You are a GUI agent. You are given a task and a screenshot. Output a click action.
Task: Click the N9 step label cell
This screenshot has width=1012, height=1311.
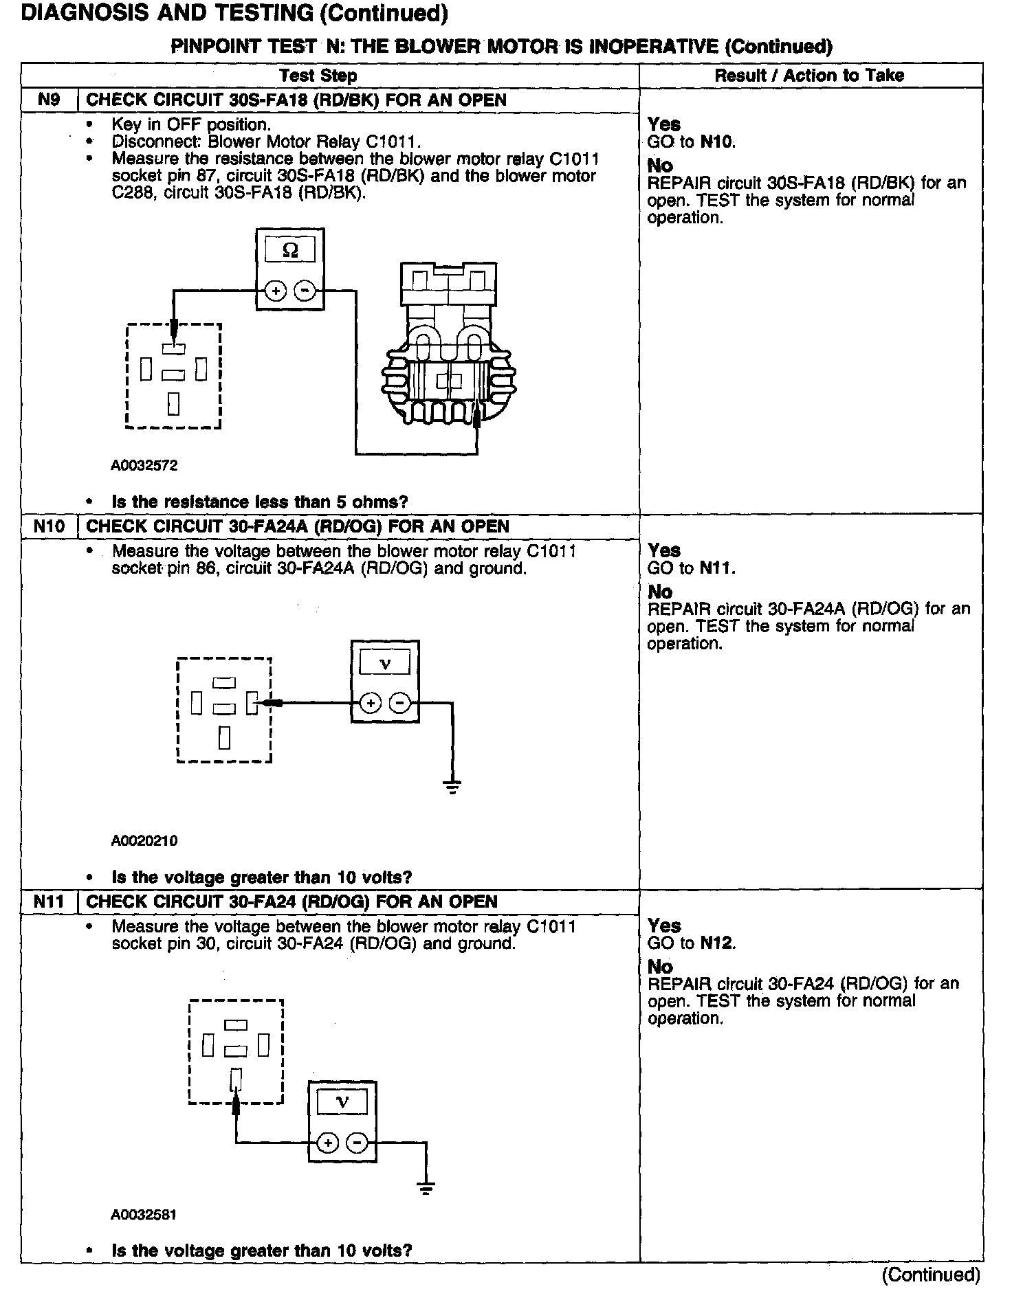point(49,100)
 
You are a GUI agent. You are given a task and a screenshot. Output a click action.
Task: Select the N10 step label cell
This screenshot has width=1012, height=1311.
point(49,527)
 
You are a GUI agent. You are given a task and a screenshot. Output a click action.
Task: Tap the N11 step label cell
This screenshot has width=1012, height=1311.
point(49,901)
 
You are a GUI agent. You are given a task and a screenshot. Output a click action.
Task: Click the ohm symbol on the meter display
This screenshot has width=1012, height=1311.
point(290,251)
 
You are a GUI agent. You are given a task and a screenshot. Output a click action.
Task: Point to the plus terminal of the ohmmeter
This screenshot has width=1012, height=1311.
point(276,291)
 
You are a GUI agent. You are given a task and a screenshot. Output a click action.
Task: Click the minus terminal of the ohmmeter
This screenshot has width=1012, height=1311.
point(305,291)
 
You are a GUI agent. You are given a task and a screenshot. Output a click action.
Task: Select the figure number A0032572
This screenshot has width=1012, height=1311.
point(144,466)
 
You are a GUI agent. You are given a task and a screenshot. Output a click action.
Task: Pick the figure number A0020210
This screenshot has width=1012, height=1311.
point(144,840)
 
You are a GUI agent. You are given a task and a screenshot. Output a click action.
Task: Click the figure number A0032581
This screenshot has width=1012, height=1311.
point(144,1215)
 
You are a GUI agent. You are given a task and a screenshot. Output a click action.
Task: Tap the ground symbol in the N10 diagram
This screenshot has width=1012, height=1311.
point(452,787)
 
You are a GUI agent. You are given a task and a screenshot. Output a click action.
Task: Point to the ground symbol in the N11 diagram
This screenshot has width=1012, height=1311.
point(426,1189)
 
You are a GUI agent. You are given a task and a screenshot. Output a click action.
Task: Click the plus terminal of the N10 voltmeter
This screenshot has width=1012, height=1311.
point(371,704)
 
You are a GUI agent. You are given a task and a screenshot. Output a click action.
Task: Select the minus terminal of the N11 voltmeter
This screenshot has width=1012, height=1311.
point(357,1143)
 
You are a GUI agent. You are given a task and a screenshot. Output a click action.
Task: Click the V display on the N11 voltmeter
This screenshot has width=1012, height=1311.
point(342,1103)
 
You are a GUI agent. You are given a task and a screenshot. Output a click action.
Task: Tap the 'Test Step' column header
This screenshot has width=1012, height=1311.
point(318,76)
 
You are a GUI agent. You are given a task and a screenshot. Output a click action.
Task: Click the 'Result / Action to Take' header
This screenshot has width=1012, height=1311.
point(809,76)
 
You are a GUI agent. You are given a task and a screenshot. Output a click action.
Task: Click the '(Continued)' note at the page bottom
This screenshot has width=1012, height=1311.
point(931,1275)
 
